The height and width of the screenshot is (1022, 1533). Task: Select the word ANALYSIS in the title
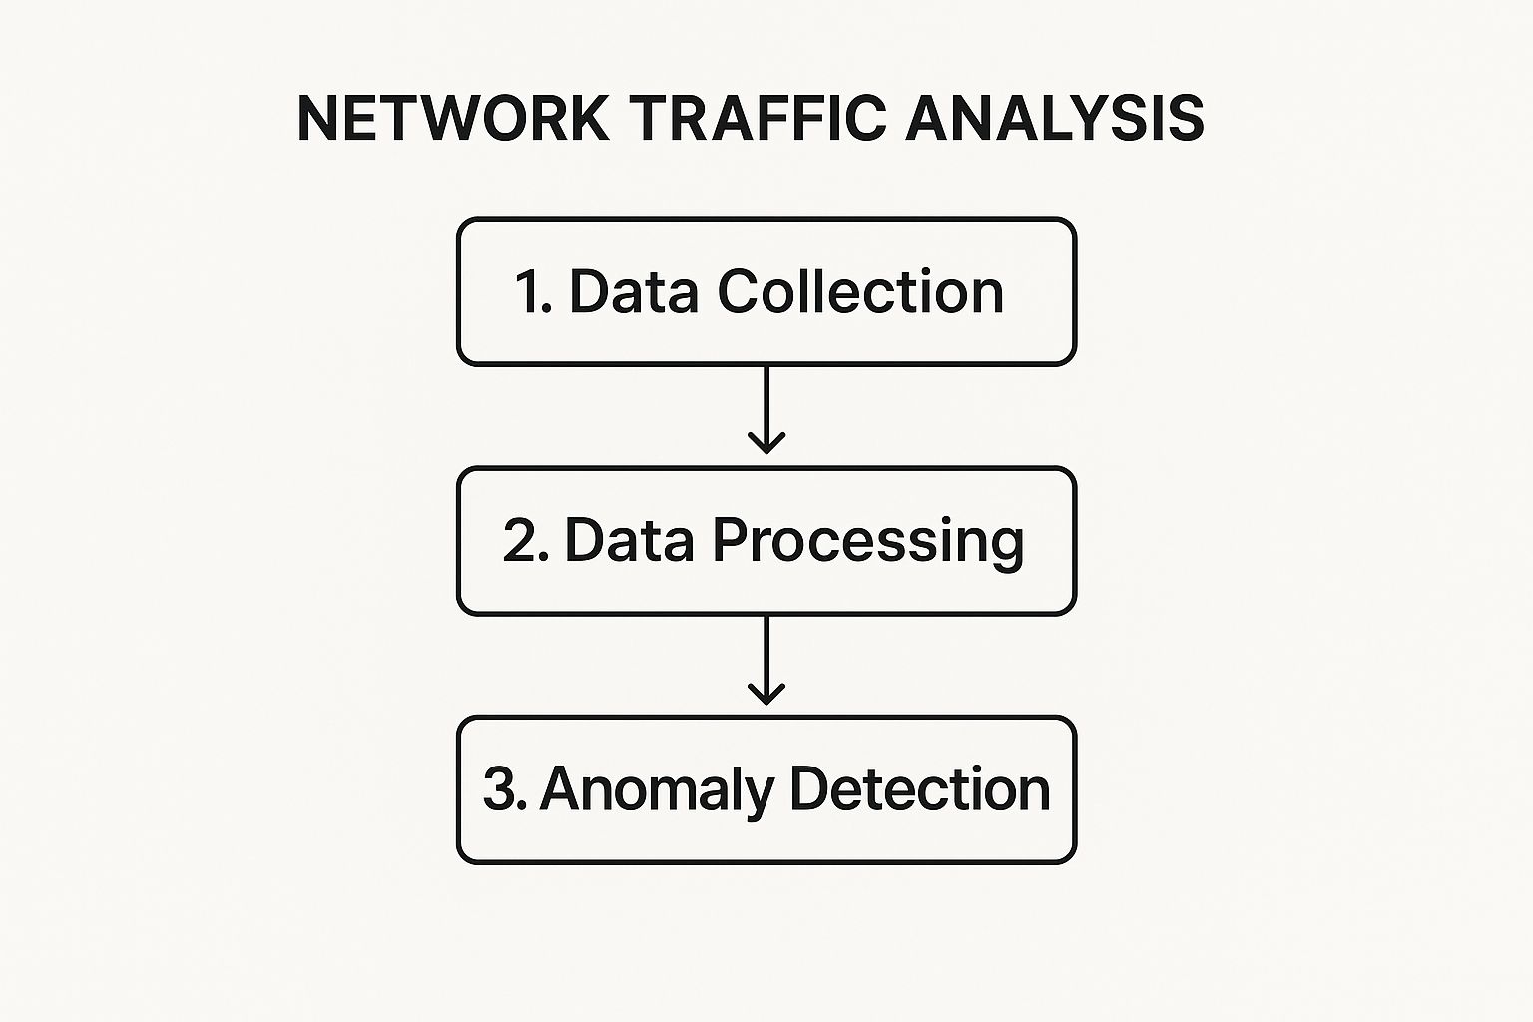[1055, 119]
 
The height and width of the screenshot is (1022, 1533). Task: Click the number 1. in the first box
[534, 292]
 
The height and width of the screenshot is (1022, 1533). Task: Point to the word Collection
[860, 292]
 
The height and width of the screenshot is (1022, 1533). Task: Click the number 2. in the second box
[525, 541]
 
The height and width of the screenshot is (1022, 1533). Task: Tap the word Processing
[867, 542]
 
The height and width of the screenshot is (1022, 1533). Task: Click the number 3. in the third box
[504, 789]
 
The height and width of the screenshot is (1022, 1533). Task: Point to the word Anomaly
[657, 791]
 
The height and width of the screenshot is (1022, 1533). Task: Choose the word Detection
[919, 789]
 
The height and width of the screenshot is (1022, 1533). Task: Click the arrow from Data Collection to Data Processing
[766, 409]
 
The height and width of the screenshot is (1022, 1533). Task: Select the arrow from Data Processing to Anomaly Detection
[766, 659]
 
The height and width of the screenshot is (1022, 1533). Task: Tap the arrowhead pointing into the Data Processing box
[766, 444]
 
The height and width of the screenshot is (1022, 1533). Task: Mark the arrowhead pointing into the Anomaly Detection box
[766, 695]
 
